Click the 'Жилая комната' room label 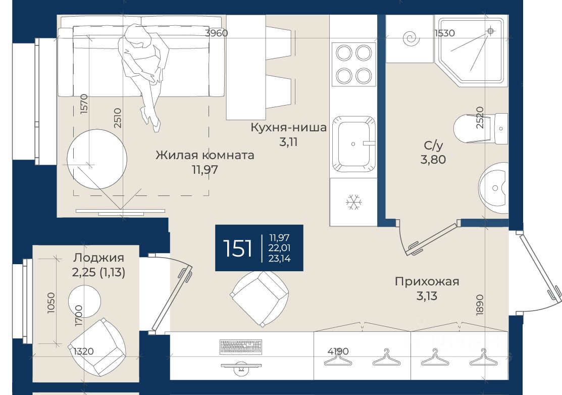[x=205, y=155]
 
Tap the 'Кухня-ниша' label [x=288, y=127]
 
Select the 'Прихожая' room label [x=427, y=281]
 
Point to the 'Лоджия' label [x=98, y=258]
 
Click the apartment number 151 [x=237, y=248]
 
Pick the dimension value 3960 [x=217, y=33]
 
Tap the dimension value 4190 [x=338, y=351]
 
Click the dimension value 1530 [x=444, y=33]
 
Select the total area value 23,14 [x=280, y=258]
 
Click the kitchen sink [x=354, y=144]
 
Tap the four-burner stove [x=354, y=64]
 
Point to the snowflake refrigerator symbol [x=354, y=202]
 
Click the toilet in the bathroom [x=480, y=128]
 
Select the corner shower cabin [x=471, y=52]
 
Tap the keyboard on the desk [x=241, y=347]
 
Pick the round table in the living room [x=97, y=159]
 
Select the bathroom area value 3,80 [x=433, y=159]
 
